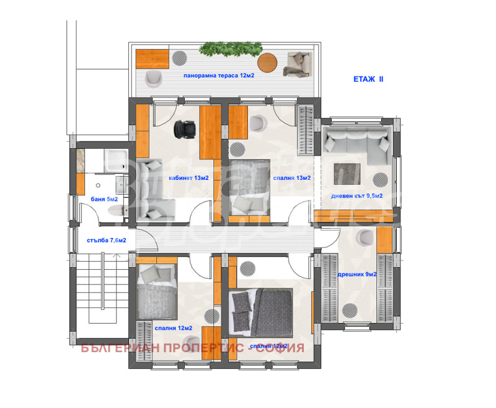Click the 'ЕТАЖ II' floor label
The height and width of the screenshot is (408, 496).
[x=369, y=80]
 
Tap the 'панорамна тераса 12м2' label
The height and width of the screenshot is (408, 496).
[x=218, y=76]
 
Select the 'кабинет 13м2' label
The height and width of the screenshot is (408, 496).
[x=188, y=178]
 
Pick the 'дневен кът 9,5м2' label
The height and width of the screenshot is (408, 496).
[x=356, y=196]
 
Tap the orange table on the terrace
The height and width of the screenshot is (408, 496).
[x=153, y=58]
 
